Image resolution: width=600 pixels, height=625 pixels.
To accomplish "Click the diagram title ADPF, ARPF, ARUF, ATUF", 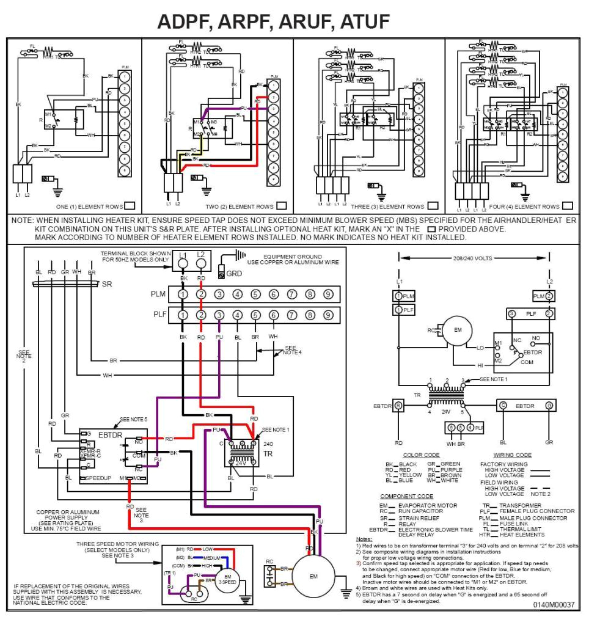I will [273, 21].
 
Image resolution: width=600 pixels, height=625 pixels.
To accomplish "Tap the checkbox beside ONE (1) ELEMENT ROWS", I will [129, 206].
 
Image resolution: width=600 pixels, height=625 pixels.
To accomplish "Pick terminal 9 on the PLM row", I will [328, 294].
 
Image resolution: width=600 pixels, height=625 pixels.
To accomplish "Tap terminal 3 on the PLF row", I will [219, 315].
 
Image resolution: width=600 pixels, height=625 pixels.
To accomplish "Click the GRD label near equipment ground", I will [234, 274].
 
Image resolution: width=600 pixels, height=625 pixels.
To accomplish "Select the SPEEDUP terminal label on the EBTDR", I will [99, 478].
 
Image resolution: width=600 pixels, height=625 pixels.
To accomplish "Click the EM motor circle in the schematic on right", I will [458, 331].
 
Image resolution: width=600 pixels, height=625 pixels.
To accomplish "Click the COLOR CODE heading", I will [421, 455].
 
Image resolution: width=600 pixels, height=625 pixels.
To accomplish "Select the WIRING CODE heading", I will [511, 455].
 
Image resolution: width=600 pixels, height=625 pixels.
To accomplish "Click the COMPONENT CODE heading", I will [406, 496].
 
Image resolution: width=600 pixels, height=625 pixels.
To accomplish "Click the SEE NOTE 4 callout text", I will [293, 351].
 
